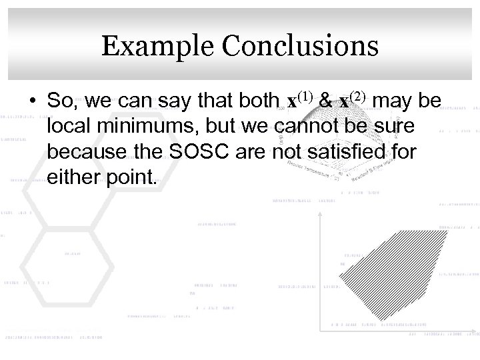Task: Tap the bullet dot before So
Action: coord(33,102)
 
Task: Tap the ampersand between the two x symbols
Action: coord(327,101)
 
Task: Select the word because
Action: coord(87,153)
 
